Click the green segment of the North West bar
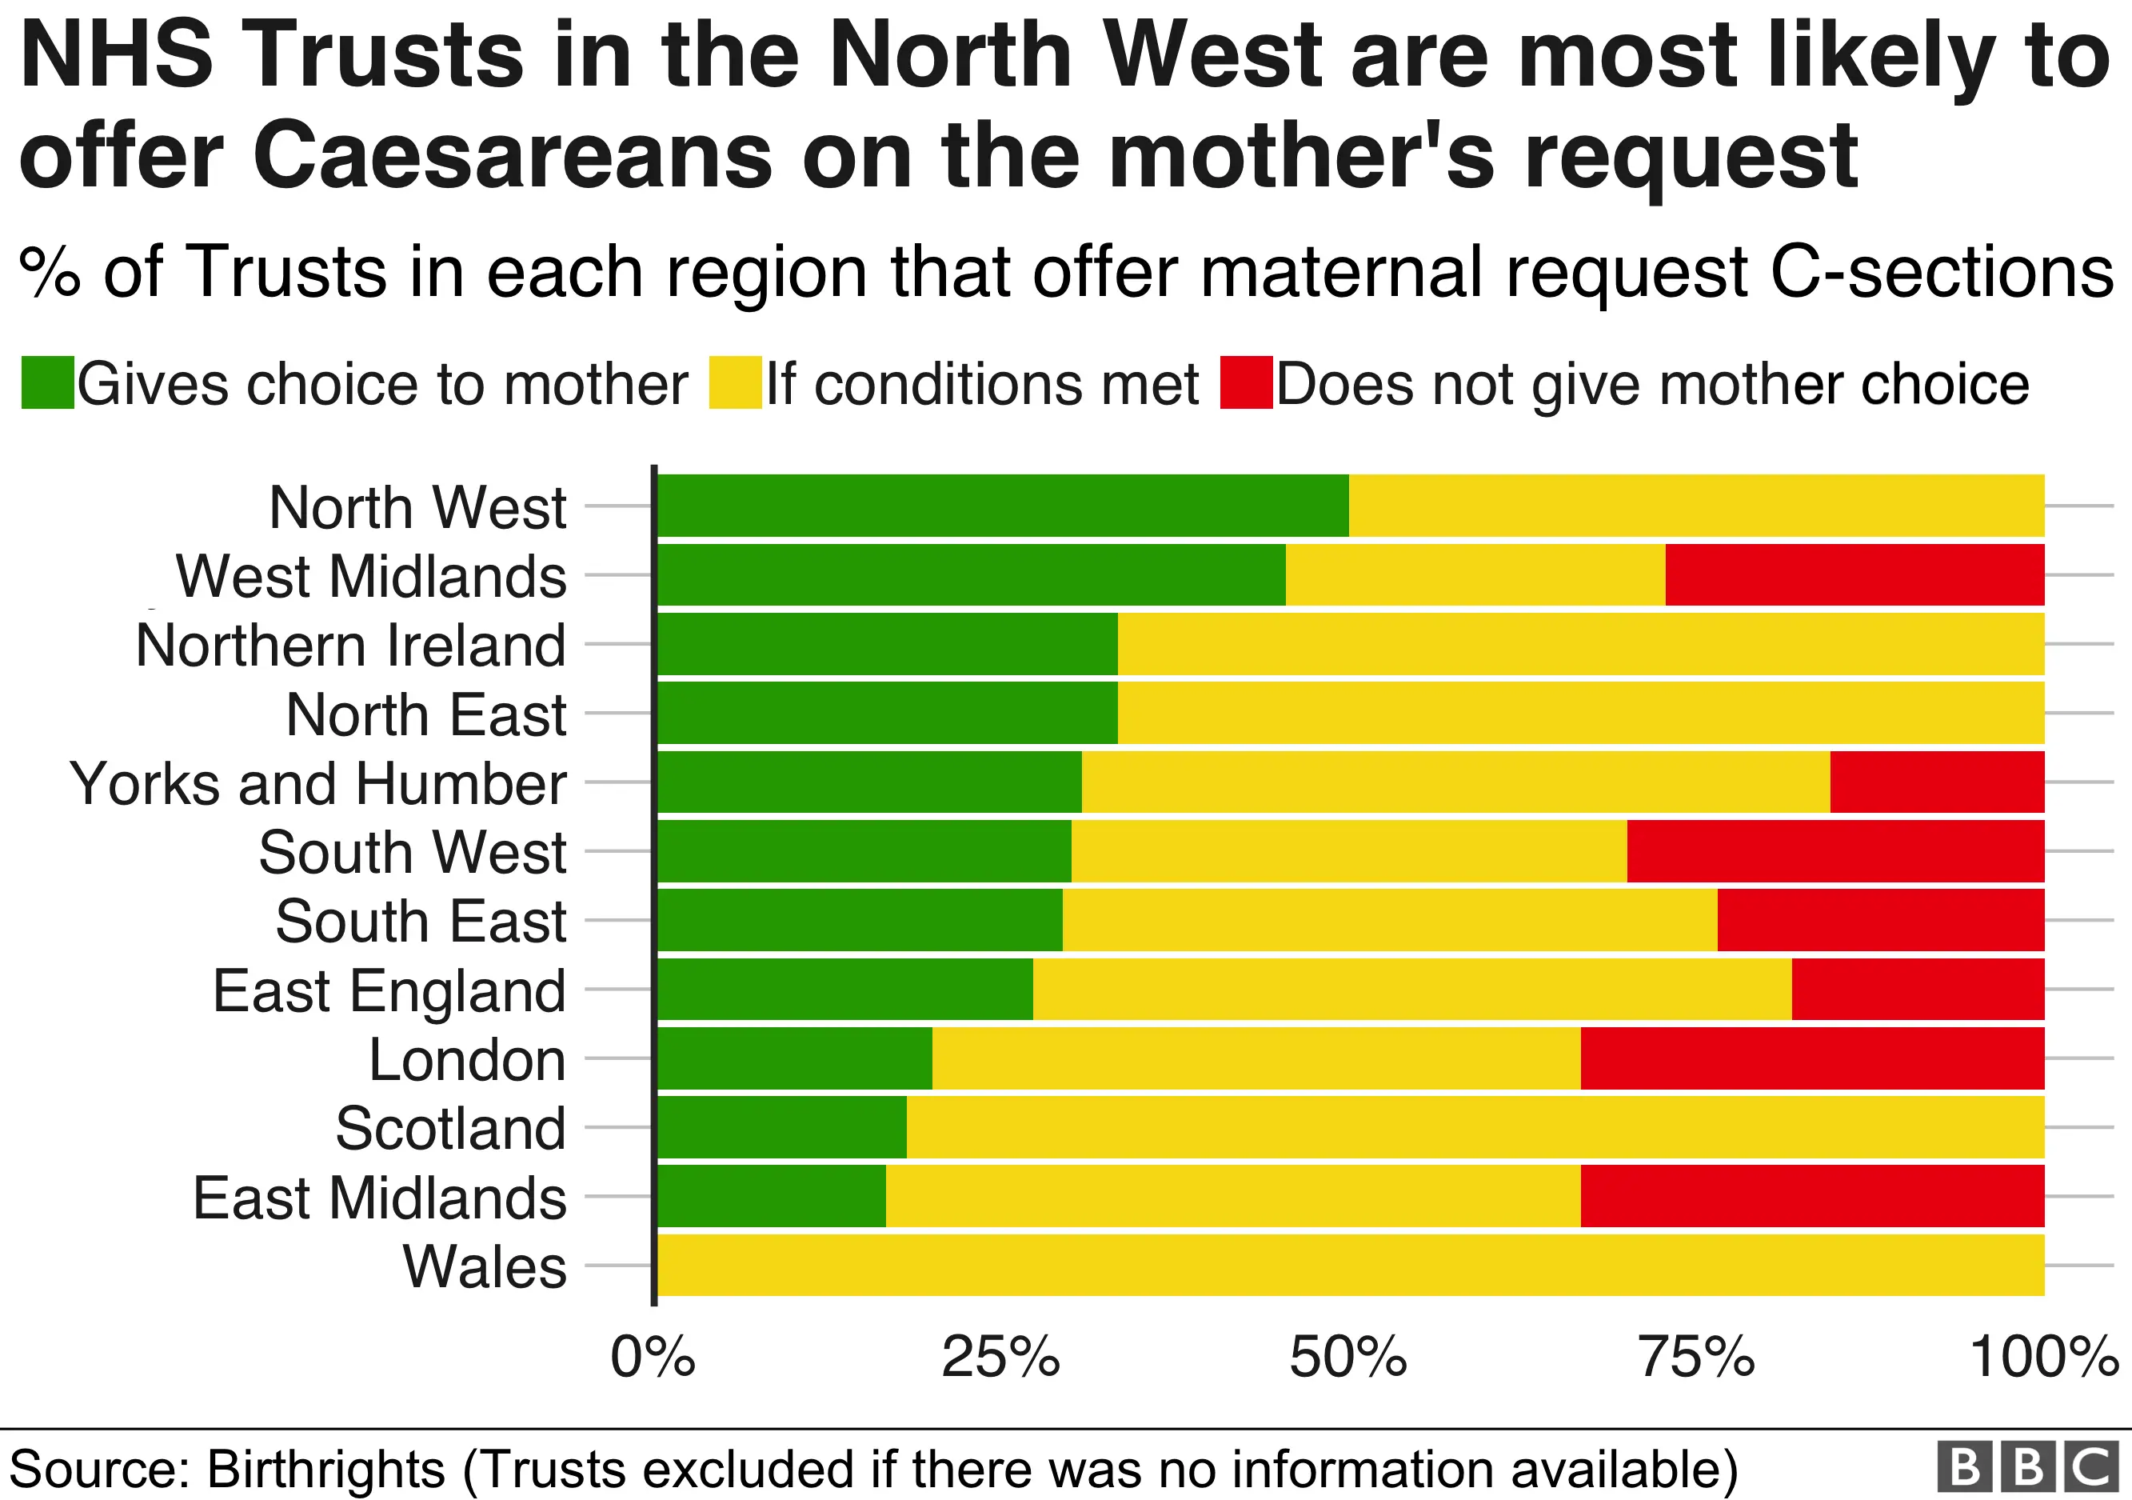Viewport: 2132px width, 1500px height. click(1003, 506)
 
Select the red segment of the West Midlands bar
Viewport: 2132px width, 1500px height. click(1855, 575)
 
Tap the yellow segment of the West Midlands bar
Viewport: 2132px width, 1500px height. click(1475, 575)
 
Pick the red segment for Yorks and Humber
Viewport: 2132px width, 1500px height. click(1936, 782)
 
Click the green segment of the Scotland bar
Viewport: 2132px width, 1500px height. click(782, 1126)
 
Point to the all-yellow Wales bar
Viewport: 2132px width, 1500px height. click(1350, 1265)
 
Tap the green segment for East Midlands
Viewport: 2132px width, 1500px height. click(772, 1196)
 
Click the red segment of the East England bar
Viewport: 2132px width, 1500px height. click(1918, 989)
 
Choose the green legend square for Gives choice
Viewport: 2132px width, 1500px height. click(47, 382)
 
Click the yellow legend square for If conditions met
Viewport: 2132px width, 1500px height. click(734, 382)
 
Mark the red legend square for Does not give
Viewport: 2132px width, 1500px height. click(1246, 382)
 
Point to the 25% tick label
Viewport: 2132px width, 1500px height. click(1000, 1357)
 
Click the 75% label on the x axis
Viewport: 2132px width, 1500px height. click(1696, 1357)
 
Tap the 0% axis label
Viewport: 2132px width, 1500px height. click(653, 1357)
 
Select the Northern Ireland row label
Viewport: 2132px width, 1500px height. click(351, 645)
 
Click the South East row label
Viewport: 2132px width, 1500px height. click(421, 921)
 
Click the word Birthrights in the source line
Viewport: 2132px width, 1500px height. click(326, 1470)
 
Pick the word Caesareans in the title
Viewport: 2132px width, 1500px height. click(512, 155)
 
